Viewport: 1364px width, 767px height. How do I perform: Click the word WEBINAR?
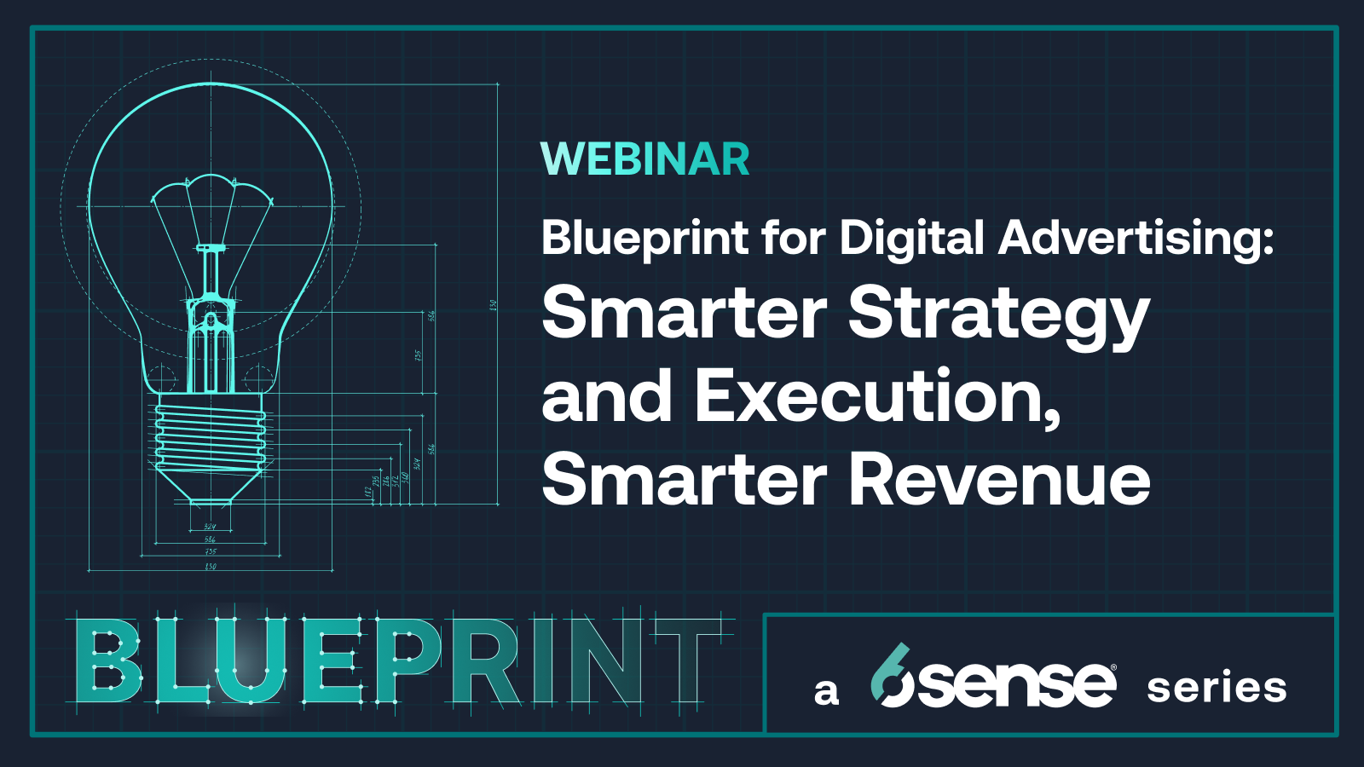pyautogui.click(x=645, y=159)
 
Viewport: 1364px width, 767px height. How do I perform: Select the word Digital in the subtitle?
pyautogui.click(x=912, y=238)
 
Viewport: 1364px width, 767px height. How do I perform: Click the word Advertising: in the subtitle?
pyautogui.click(x=1136, y=238)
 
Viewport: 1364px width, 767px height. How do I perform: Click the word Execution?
pyautogui.click(x=878, y=396)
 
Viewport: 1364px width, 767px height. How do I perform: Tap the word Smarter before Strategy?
pyautogui.click(x=685, y=314)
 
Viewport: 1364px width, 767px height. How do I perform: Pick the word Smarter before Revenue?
pyautogui.click(x=685, y=480)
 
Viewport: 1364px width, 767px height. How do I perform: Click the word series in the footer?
pyautogui.click(x=1217, y=688)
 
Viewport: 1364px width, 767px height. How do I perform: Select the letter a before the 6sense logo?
pyautogui.click(x=825, y=691)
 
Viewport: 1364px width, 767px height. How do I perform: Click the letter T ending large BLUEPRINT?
pyautogui.click(x=687, y=663)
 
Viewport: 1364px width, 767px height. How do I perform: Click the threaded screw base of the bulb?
pyautogui.click(x=211, y=436)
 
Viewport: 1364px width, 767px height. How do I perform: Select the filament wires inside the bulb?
pyautogui.click(x=211, y=209)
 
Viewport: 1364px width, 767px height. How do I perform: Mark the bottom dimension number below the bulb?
pyautogui.click(x=211, y=567)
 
